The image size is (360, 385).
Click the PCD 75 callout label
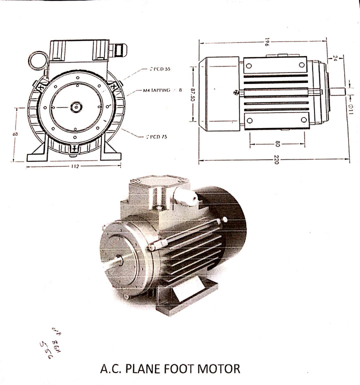[x=156, y=136]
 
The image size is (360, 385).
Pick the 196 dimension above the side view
[x=267, y=42]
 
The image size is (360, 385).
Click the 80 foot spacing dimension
[x=277, y=144]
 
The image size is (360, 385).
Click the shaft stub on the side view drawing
[x=337, y=91]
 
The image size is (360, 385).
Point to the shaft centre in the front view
[x=76, y=106]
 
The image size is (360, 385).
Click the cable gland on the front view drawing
[x=119, y=50]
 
